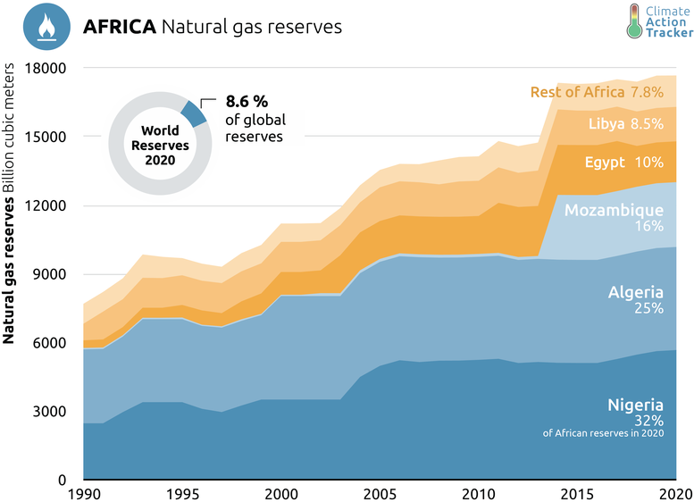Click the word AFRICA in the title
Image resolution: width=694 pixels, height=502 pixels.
point(119,27)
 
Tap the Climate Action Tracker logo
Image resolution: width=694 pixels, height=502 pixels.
point(659,21)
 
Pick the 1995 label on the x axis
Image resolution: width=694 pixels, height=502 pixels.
point(183,493)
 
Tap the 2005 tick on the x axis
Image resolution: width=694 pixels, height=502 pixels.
point(380,493)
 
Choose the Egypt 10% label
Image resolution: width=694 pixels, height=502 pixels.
point(637,163)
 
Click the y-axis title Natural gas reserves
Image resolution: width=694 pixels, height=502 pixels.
point(11,268)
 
